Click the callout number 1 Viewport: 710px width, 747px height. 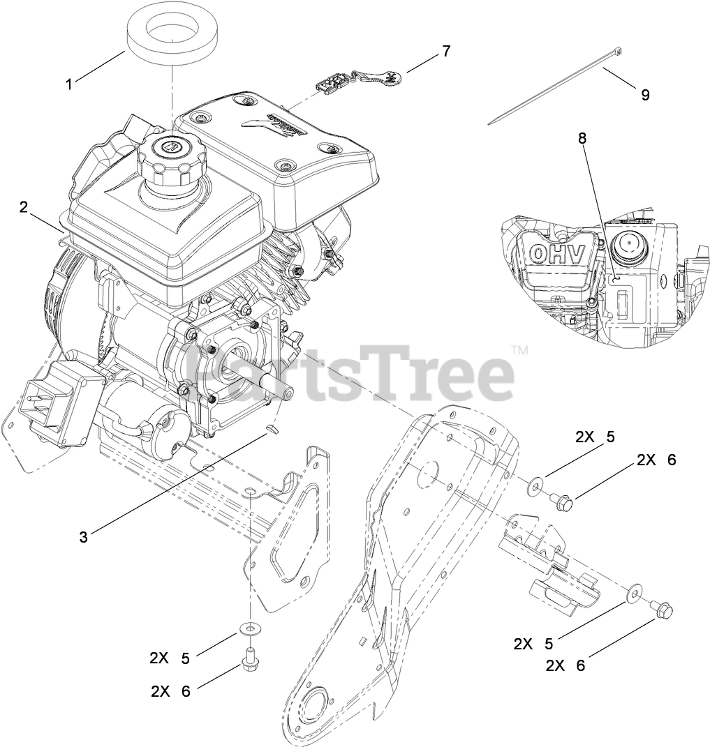(x=69, y=84)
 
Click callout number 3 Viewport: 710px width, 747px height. (x=84, y=536)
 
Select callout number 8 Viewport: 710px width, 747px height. (x=582, y=138)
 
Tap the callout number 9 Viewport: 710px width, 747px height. (x=644, y=95)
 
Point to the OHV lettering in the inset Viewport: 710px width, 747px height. (x=556, y=254)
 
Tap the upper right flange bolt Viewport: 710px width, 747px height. (x=563, y=500)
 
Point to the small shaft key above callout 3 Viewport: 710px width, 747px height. (x=272, y=427)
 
